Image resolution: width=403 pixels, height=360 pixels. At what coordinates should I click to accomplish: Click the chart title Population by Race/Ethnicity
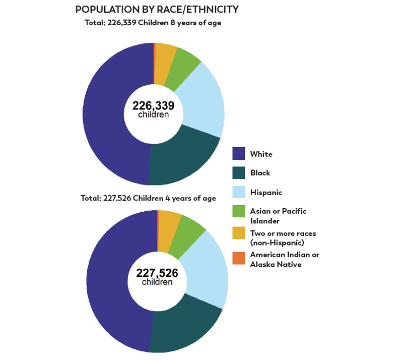coord(157,10)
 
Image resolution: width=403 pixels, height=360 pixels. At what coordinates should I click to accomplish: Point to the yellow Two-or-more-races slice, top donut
coord(165,62)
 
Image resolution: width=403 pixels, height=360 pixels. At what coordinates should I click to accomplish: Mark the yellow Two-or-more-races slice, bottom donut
coord(169,229)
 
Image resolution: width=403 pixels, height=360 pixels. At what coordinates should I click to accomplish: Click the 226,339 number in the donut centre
coord(154,105)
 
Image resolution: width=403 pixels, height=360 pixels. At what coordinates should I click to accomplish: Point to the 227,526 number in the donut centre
coord(157,273)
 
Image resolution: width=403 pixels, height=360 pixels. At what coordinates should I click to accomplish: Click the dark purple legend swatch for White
coord(239,154)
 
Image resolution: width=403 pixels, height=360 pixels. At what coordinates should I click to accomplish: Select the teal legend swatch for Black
coord(239,173)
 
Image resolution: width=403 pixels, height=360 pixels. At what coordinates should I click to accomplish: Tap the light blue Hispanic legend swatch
coord(239,192)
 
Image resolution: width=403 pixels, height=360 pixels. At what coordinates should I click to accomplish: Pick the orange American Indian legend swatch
coord(239,259)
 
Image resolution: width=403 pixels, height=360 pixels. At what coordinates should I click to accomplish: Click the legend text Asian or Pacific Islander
coord(278,215)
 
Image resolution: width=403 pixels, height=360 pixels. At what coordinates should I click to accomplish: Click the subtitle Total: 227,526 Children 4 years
coord(148,198)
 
